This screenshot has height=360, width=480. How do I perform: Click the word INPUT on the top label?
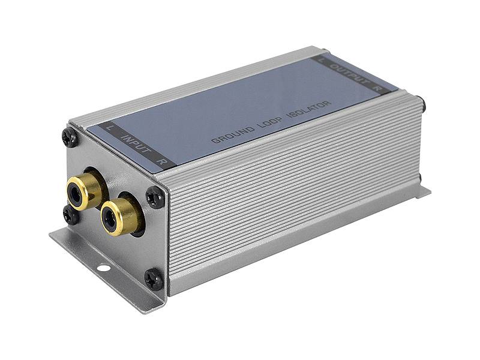pyautogui.click(x=137, y=143)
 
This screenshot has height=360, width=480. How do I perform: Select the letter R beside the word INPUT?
pyautogui.click(x=160, y=161)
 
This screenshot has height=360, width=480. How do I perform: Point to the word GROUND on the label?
pyautogui.click(x=233, y=134)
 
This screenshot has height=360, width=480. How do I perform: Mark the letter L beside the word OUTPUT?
pyautogui.click(x=320, y=59)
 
